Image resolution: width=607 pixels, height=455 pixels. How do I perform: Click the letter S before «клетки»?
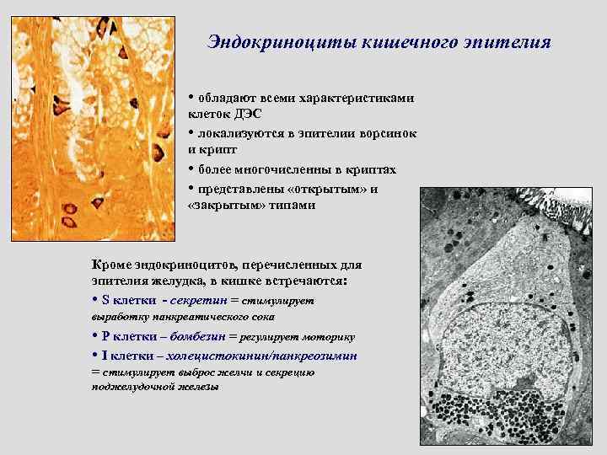point(105,301)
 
